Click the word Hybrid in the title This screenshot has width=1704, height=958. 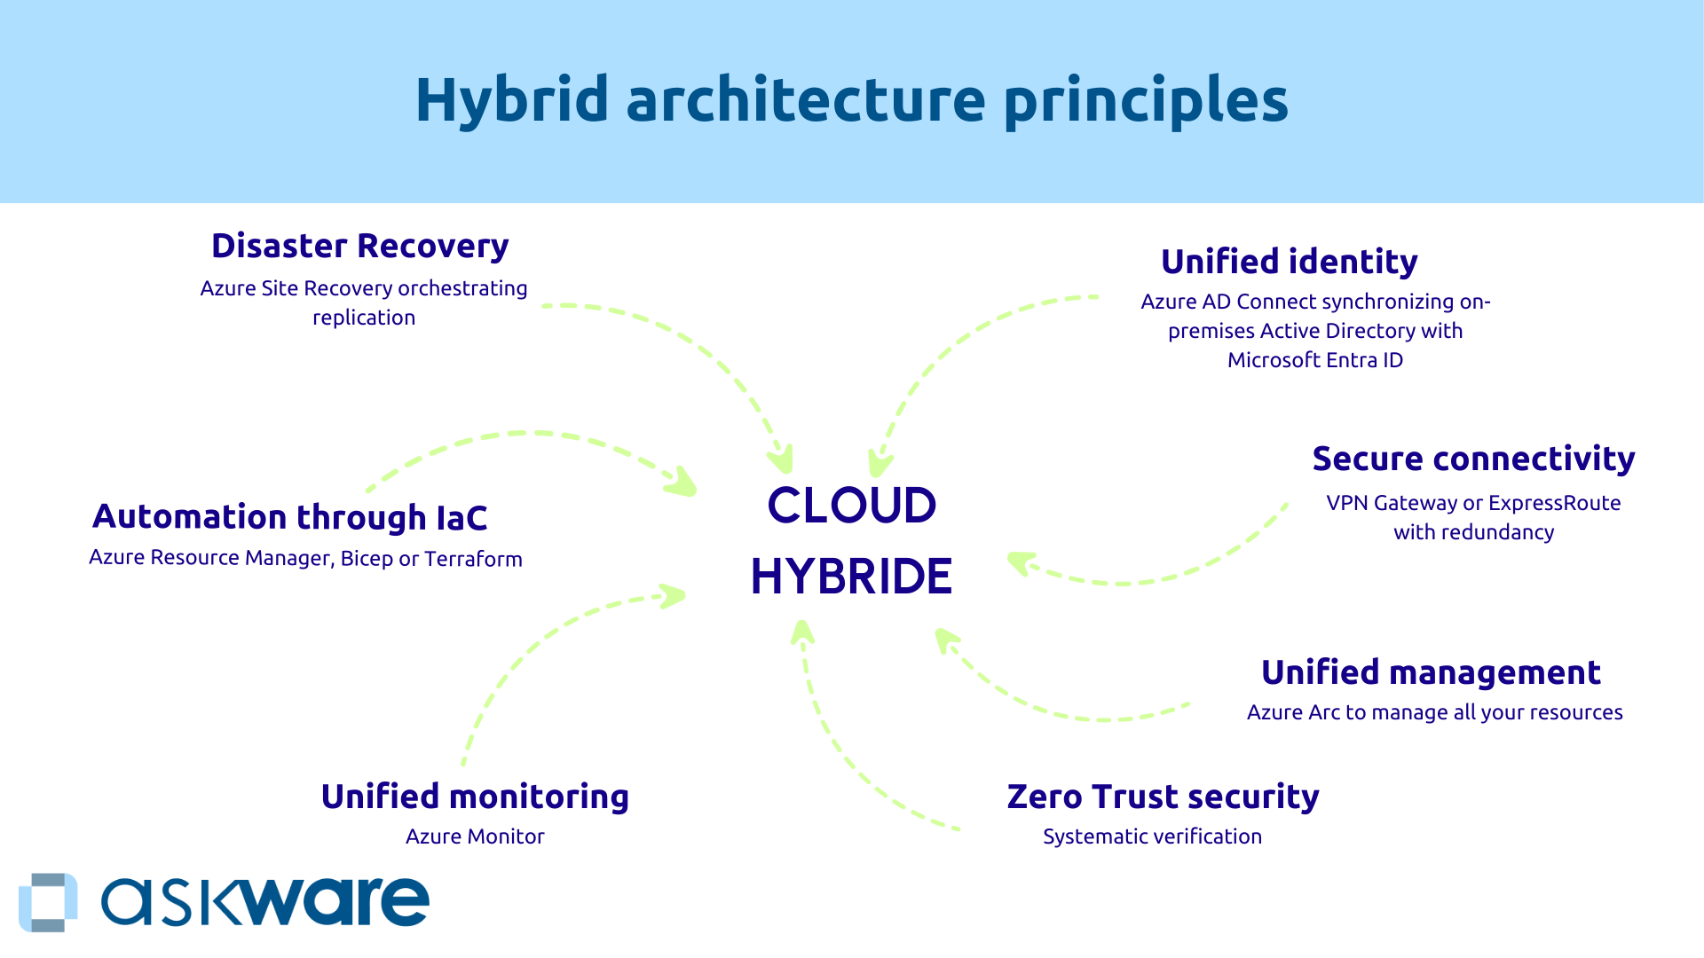511,99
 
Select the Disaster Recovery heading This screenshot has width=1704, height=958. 359,246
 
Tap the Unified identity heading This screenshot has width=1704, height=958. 1289,262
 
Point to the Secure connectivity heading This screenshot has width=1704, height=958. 1473,459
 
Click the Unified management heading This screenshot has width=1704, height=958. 1431,672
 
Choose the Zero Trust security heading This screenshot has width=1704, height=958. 1163,797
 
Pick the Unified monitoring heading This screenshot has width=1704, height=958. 475,797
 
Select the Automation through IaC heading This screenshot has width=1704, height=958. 289,517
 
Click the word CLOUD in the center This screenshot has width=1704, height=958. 851,506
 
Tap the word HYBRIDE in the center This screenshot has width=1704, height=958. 851,577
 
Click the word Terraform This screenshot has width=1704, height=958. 473,559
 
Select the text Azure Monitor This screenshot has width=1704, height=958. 475,836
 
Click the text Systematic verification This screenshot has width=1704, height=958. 1152,836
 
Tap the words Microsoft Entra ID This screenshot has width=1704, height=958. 1314,360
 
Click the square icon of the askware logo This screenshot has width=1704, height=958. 48,902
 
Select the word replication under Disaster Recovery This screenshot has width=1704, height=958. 364,318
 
